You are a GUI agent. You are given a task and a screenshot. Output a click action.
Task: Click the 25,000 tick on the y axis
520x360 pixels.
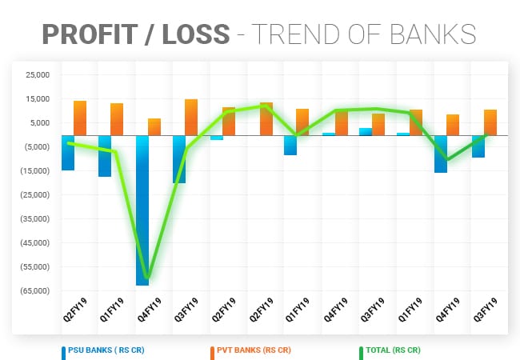coord(38,75)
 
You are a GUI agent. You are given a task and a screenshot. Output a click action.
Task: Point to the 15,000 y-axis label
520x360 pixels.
coord(38,99)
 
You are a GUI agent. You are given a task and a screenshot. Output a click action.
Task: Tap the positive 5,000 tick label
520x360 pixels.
coord(40,123)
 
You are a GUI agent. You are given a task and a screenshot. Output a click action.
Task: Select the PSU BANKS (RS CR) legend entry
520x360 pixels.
coord(105,350)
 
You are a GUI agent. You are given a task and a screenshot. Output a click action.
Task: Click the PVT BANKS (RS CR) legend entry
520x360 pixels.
coord(254,350)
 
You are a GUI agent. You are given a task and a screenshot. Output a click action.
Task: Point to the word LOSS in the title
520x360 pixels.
coord(199,34)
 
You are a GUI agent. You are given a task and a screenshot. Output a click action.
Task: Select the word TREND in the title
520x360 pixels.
coord(305,34)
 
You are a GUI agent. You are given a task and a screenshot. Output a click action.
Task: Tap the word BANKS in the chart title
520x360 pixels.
coord(436,34)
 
